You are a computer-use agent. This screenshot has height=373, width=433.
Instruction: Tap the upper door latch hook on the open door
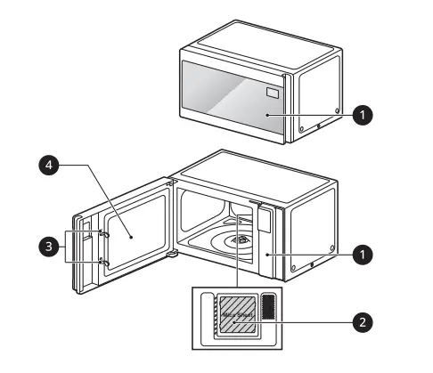(103, 235)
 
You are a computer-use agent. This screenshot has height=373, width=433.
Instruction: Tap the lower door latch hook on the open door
(103, 263)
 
